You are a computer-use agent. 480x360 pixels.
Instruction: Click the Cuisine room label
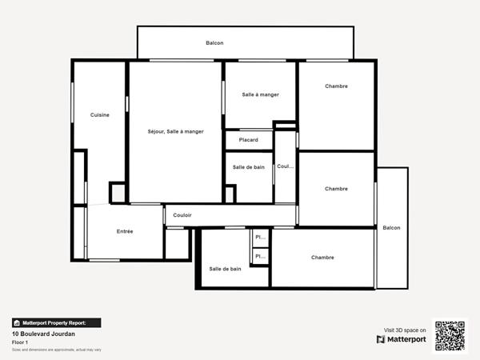coord(100,115)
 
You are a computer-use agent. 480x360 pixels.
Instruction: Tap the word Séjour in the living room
coord(158,132)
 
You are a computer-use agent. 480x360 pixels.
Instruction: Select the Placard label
coord(248,140)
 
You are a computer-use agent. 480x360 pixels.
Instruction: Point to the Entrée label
coord(125,231)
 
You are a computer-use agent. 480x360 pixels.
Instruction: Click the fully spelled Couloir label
coord(182,215)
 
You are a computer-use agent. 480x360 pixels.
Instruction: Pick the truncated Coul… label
coord(285,166)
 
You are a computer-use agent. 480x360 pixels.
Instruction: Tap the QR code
coord(450,335)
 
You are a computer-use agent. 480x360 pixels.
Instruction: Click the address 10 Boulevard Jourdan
coord(43,334)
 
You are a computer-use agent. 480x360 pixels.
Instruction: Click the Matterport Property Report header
coord(56,322)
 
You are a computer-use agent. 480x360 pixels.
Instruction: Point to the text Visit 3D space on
coord(405,330)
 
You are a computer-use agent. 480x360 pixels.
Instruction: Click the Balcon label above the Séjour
coord(214,43)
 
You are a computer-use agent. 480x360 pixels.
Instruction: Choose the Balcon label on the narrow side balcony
coord(391,228)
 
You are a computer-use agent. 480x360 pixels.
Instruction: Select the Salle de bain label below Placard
coord(248,167)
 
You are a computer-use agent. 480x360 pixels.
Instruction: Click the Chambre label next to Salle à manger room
coord(336,86)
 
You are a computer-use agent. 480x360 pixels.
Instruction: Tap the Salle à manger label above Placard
coord(260,94)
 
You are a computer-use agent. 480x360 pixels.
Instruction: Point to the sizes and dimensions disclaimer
coord(56,350)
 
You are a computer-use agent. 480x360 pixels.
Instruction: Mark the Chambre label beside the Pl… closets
coord(322,258)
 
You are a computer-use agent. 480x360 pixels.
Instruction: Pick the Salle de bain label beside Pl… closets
coord(225,269)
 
